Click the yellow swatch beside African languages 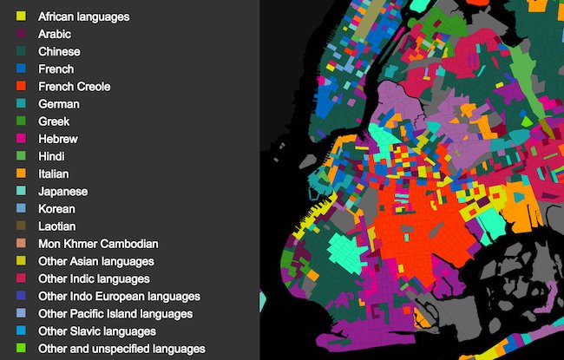[21, 16]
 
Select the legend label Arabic [55, 34]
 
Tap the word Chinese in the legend [59, 51]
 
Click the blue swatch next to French [21, 69]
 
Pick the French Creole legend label [74, 87]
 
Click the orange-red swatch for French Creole [21, 87]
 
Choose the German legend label [59, 104]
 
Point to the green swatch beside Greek [21, 121]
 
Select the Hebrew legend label [58, 139]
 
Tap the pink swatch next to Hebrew [21, 139]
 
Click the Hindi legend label [53, 156]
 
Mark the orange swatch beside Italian [21, 173]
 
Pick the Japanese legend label [62, 191]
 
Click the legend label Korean [56, 209]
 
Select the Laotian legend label [58, 226]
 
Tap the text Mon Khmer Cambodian [98, 244]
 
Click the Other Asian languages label [96, 261]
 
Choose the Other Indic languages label [94, 278]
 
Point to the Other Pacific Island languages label [115, 313]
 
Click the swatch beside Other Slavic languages [21, 331]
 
